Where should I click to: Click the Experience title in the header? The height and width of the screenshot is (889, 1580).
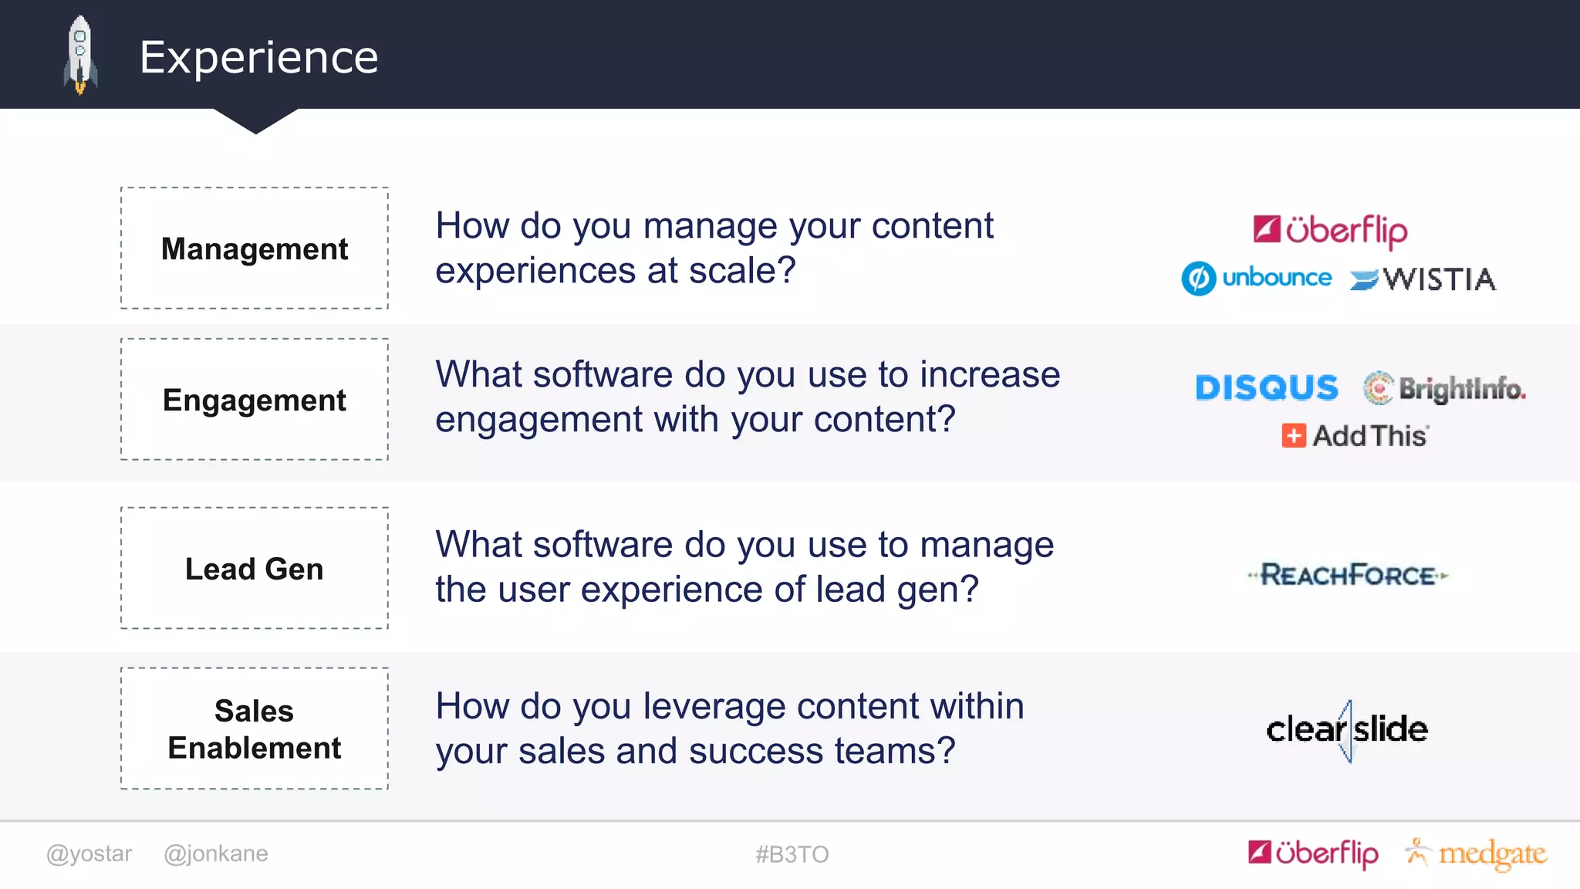point(259,57)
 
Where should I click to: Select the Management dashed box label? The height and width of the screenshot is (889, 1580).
point(255,249)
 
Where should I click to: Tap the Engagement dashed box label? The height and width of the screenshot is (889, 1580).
point(255,401)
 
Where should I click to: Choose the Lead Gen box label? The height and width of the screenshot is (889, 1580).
point(255,569)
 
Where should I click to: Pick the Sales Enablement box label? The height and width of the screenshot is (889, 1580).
point(255,729)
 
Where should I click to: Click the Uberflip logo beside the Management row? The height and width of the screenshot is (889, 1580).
point(1330,230)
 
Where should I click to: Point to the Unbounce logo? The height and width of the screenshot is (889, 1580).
point(1257,279)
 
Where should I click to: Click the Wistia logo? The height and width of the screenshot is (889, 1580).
point(1423,279)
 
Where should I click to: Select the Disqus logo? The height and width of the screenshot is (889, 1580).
point(1267,388)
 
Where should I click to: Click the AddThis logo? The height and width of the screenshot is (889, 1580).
point(1355,436)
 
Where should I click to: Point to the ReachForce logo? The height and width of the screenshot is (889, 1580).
point(1348,576)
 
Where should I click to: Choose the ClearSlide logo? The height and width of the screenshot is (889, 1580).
point(1347,730)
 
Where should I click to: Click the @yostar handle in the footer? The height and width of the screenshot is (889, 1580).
point(89,854)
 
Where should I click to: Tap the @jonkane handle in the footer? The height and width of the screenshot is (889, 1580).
point(216,854)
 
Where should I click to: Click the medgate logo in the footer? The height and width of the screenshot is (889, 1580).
point(1477,854)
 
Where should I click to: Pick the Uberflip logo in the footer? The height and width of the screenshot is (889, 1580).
point(1313,854)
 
